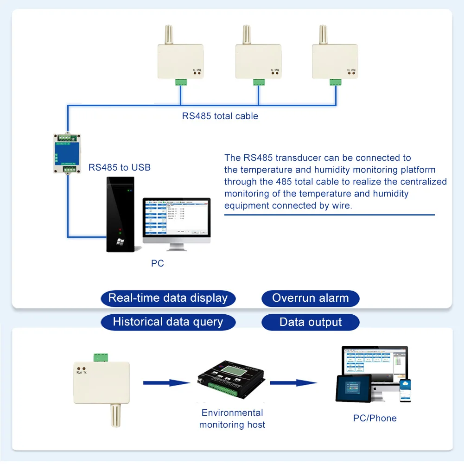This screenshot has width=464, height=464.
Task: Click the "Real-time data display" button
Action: click(x=168, y=298)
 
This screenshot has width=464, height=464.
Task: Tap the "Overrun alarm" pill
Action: click(x=310, y=298)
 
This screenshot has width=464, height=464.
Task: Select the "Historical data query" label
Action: click(x=168, y=322)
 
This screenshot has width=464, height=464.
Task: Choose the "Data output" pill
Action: click(x=310, y=322)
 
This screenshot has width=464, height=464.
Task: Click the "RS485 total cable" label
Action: click(x=220, y=116)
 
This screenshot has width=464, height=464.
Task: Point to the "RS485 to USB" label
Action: click(x=120, y=167)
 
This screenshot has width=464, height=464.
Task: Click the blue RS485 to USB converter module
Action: click(x=68, y=153)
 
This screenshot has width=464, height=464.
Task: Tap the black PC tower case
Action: click(x=120, y=213)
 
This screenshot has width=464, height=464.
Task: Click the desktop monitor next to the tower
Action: click(x=176, y=220)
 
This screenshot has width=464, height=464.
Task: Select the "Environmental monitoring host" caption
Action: click(x=232, y=419)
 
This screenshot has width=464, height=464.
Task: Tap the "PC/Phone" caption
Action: click(x=375, y=418)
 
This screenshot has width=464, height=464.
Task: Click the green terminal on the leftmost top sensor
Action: click(x=181, y=82)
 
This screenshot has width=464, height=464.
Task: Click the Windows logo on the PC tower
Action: click(x=120, y=242)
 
